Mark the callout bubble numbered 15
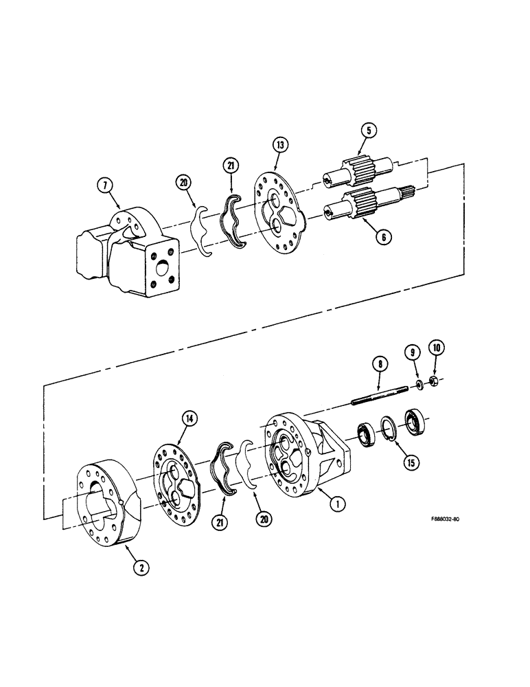tap(411, 462)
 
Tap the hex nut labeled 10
tap(435, 381)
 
